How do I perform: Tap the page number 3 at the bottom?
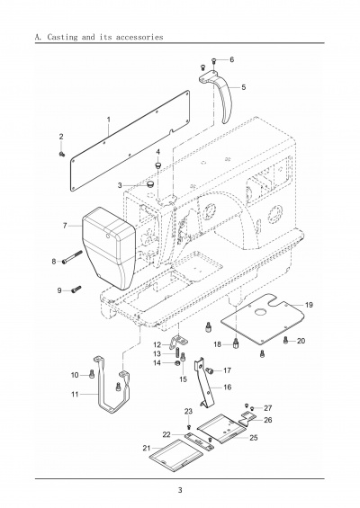[180, 490]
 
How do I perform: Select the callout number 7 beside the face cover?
[65, 225]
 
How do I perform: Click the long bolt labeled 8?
[73, 257]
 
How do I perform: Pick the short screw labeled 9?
[76, 289]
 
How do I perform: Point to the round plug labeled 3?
[150, 184]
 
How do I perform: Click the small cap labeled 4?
[158, 165]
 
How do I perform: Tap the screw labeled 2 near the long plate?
[61, 155]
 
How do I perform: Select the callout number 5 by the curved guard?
[244, 87]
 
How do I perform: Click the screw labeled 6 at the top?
[213, 60]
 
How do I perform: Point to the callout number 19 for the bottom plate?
[309, 305]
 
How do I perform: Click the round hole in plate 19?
[260, 312]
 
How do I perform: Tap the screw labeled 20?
[285, 340]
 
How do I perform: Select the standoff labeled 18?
[236, 343]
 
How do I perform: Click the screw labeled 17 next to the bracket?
[210, 370]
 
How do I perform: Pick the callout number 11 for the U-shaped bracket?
[75, 395]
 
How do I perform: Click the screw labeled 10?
[92, 374]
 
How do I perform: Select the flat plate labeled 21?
[175, 455]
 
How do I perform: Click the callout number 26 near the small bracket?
[268, 420]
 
